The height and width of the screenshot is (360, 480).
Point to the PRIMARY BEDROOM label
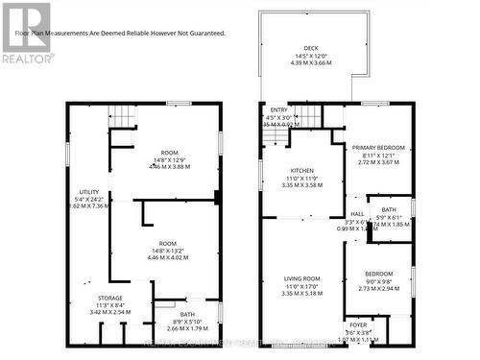coord(377,147)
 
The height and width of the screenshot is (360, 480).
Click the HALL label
coord(356,214)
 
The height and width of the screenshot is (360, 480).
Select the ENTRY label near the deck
coord(278,110)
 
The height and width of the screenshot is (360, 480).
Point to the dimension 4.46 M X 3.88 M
coord(169,166)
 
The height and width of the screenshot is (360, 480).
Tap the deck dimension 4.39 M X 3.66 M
coord(310,61)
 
